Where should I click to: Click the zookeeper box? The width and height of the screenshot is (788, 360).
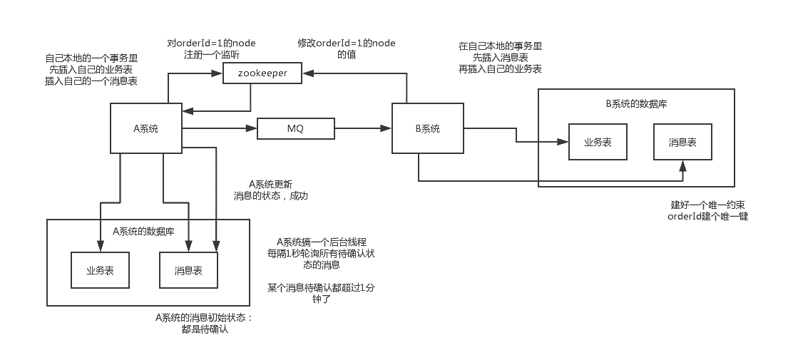pos(262,73)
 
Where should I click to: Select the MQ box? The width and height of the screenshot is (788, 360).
pos(295,128)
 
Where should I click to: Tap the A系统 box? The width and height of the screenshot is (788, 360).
pos(145,128)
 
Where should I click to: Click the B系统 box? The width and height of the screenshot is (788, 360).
pos(428,128)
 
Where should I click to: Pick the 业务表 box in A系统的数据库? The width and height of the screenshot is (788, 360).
pos(101,270)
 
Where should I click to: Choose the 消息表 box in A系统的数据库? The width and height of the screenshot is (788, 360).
pos(188,270)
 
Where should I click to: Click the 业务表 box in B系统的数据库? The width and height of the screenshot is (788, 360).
pos(598,142)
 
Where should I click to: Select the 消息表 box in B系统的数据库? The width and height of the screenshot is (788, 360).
pos(682,142)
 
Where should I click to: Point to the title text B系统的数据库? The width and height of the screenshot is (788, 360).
pos(636,104)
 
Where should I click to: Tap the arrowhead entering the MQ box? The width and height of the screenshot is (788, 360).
pos(252,128)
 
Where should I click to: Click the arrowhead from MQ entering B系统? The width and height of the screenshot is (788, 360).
pos(387,128)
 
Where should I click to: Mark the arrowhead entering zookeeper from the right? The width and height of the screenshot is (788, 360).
pos(306,73)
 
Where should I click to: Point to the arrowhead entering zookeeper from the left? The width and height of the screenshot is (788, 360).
pos(218,73)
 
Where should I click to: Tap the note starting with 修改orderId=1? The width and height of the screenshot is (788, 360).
pos(346,48)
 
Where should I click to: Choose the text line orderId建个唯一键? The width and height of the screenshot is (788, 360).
pos(707,216)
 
